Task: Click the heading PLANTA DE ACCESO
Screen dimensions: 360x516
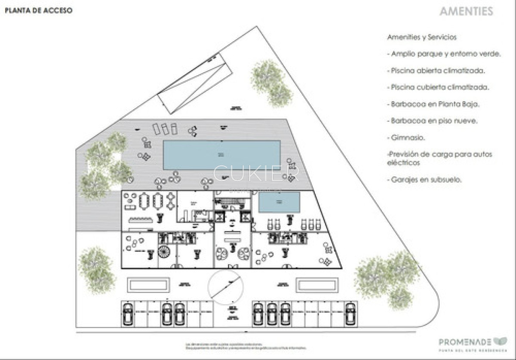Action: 39,11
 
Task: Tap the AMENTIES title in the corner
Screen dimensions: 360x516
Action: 466,12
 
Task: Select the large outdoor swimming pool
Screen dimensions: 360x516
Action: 221,155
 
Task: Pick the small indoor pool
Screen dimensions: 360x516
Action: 279,202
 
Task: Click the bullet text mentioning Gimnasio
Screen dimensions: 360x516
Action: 408,138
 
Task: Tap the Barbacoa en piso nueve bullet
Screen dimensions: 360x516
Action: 434,121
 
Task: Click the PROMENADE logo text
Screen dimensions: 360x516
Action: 465,342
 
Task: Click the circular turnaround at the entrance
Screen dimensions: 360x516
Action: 226,287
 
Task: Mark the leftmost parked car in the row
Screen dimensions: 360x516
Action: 128,314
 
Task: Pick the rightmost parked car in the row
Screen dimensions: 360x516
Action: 351,314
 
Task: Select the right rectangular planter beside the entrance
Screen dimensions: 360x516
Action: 319,284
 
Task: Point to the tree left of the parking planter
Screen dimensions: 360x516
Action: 97,269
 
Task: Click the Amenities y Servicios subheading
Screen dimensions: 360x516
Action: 421,37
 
